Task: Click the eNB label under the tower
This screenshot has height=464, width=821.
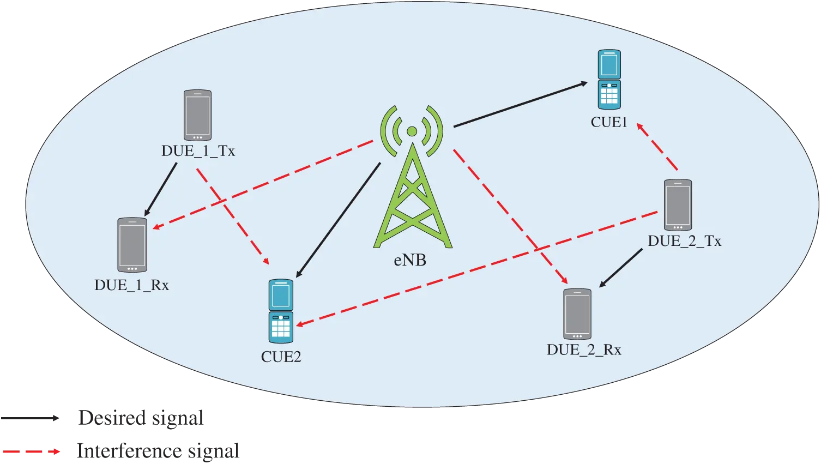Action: coord(410,261)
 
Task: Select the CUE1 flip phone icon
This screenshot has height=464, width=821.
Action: coord(609,80)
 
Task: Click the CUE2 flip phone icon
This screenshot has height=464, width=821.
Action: coord(281,311)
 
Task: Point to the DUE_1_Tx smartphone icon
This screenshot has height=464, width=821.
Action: coord(197,116)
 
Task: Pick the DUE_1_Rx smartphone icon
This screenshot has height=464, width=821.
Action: coord(132,245)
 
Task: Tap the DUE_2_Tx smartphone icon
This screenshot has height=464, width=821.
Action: coord(678,206)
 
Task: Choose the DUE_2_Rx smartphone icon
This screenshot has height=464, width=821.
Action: coord(577,314)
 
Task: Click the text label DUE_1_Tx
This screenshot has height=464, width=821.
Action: coord(198,151)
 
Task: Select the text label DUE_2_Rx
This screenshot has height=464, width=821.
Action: coord(584,349)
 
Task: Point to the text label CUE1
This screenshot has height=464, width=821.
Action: coord(609,122)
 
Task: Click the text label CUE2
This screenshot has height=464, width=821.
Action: coord(281,357)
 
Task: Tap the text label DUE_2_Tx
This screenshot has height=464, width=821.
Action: coord(684,241)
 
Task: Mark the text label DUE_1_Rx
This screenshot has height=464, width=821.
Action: coord(131,285)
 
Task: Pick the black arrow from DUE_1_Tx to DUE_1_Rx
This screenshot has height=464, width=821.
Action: coord(160,189)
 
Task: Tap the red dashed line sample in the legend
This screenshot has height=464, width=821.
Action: coord(30,451)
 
